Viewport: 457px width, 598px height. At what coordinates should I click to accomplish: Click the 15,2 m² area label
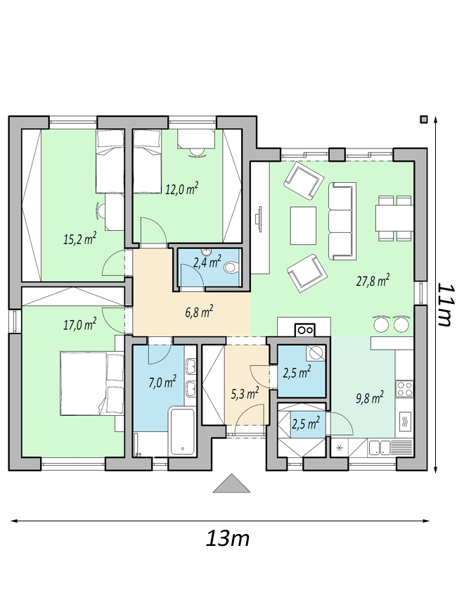click(x=79, y=238)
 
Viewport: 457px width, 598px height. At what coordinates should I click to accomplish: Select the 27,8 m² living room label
click(x=373, y=281)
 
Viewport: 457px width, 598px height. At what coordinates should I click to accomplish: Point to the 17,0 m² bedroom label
click(x=79, y=324)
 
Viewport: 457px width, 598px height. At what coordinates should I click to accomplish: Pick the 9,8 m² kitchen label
click(x=369, y=397)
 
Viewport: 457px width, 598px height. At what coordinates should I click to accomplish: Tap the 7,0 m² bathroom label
click(x=161, y=383)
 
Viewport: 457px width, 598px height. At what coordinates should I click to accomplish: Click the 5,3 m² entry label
click(x=245, y=392)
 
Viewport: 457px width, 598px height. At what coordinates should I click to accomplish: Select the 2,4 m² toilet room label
click(x=207, y=264)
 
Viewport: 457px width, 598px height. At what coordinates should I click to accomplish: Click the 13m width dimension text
click(x=228, y=539)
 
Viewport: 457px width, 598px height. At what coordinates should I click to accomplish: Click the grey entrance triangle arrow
click(x=231, y=484)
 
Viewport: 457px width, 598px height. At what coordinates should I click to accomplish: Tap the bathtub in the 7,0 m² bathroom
click(x=184, y=431)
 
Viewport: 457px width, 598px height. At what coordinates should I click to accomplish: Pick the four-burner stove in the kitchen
click(x=405, y=386)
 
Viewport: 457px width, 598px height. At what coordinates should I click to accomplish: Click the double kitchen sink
click(x=380, y=446)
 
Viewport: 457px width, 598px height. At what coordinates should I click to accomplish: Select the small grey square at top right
click(x=423, y=119)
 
